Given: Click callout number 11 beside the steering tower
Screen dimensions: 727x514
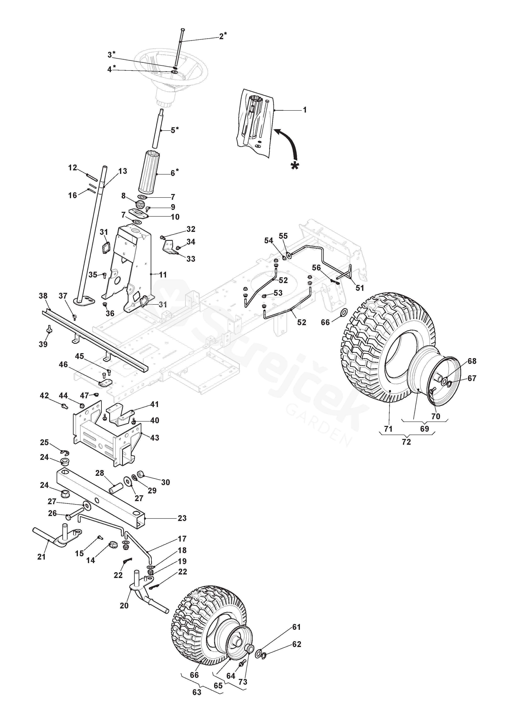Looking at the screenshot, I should click(x=163, y=275).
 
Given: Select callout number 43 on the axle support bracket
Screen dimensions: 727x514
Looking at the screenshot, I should click(x=155, y=438).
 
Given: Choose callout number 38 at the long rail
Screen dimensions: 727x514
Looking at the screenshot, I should click(x=43, y=296).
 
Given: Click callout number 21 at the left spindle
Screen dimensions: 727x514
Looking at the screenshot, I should click(x=41, y=557).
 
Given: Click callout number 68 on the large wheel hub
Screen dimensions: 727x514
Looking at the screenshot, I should click(x=472, y=361).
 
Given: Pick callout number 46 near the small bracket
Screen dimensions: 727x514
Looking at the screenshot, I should click(x=63, y=365).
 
